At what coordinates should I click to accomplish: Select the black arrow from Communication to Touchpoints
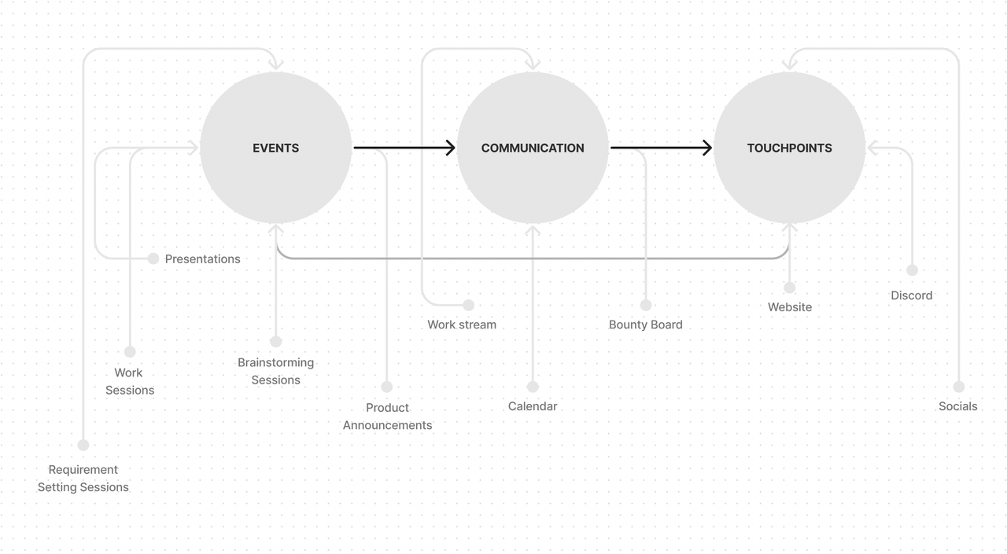tap(661, 148)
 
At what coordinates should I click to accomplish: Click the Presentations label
tap(202, 259)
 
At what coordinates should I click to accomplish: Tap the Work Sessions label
tap(130, 381)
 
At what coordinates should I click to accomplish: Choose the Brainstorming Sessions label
tap(275, 371)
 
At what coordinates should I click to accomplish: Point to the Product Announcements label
tap(387, 416)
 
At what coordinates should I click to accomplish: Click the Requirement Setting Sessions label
tap(83, 478)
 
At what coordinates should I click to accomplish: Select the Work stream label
tap(462, 325)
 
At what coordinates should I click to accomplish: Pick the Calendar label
tap(533, 406)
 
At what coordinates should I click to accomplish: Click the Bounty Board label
tap(645, 325)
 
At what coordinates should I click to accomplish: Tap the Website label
tap(789, 307)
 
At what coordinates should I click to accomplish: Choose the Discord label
tap(911, 295)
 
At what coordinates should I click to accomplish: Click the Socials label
tap(957, 406)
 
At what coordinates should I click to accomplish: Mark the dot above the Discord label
tap(912, 270)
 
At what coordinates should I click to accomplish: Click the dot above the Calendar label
tap(533, 387)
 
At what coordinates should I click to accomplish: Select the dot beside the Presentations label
tap(153, 259)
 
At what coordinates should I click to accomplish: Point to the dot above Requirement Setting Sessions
tap(83, 445)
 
